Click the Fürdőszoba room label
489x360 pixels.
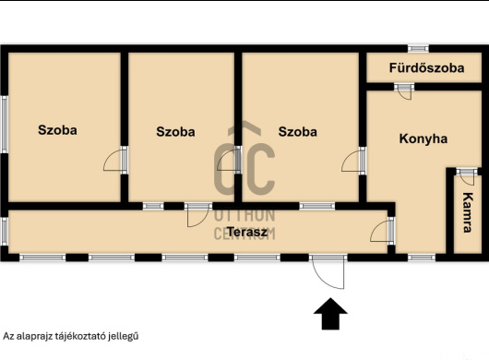click(426, 68)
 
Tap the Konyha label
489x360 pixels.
click(423, 138)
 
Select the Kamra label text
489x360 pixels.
click(467, 212)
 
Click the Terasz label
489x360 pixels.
click(247, 232)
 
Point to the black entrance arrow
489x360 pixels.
click(330, 314)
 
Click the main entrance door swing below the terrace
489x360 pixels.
click(328, 271)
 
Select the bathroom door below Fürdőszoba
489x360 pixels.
click(404, 91)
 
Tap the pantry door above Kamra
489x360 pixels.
click(467, 176)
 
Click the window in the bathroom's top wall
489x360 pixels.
click(418, 48)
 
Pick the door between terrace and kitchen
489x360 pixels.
click(382, 231)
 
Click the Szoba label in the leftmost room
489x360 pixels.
click(57, 130)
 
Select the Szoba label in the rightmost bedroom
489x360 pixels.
click(297, 132)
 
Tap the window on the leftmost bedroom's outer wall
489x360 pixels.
click(5, 125)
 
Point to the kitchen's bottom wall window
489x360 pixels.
click(422, 258)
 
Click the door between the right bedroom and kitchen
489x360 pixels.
click(353, 161)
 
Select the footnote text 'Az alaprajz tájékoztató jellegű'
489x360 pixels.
click(71, 336)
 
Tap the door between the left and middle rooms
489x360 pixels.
click(115, 160)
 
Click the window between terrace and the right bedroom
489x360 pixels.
click(317, 206)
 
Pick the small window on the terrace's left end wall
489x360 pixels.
click(5, 231)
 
